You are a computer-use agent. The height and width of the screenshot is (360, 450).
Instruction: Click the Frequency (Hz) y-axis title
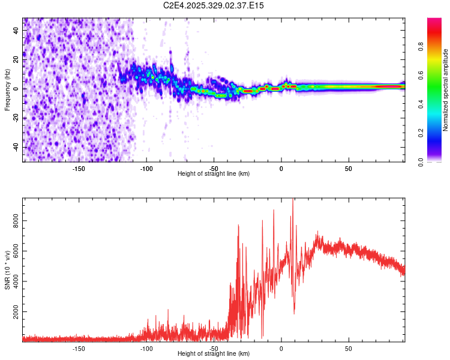click(7, 90)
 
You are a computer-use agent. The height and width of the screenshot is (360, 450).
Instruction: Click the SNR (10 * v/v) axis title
click(7, 271)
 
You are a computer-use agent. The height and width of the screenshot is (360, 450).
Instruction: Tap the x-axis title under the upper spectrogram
click(214, 173)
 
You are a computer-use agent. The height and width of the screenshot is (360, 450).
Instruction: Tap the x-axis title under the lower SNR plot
click(214, 353)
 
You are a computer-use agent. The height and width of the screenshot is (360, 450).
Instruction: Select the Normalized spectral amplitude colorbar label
click(446, 90)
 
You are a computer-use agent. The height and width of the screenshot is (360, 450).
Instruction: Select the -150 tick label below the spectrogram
click(79, 168)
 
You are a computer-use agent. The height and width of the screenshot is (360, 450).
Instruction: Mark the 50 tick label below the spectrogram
click(349, 168)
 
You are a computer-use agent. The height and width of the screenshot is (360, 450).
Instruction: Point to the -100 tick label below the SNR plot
click(146, 348)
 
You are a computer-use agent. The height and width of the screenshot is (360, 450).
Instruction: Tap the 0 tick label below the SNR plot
click(281, 348)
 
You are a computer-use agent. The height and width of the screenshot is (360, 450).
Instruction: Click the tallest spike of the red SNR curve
click(293, 200)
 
